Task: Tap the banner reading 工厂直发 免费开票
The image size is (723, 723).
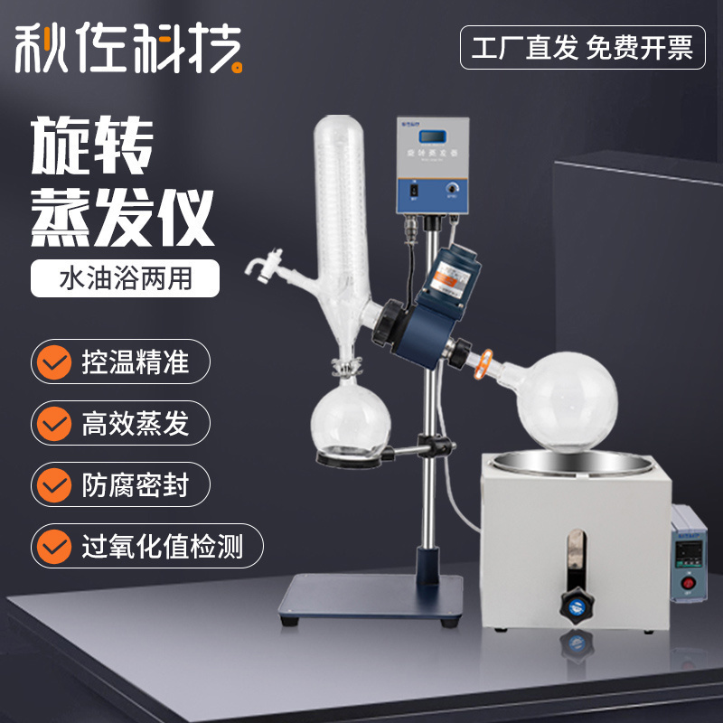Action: [x=582, y=48]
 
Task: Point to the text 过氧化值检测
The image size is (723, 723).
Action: [x=163, y=547]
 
